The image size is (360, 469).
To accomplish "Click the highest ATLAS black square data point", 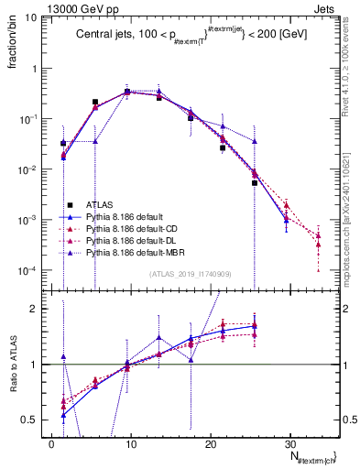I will [127, 92].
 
